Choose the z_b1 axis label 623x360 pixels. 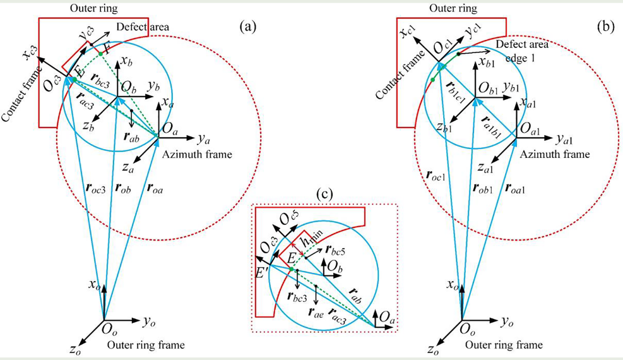click(444, 127)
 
